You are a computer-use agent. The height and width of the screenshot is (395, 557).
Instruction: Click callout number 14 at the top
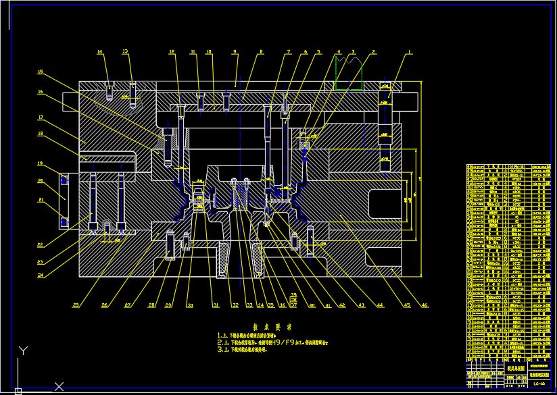tap(99, 52)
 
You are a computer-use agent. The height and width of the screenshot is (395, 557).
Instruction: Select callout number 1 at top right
tap(410, 52)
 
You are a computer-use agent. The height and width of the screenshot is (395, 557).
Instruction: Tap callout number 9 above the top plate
tap(235, 52)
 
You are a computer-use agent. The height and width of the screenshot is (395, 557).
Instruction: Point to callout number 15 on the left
tap(40, 72)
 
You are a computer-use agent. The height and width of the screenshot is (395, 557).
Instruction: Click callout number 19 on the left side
tap(40, 163)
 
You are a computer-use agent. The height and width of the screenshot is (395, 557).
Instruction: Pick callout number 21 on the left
tap(40, 200)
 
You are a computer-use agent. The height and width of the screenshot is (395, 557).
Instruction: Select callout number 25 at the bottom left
tap(76, 305)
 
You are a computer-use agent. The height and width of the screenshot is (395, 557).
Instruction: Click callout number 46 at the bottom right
tap(424, 305)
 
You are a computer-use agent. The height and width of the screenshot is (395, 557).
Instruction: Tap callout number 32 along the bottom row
tap(235, 305)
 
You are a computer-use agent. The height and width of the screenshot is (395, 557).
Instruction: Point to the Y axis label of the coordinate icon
tap(23, 350)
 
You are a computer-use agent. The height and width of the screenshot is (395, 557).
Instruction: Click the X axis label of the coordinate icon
tap(59, 386)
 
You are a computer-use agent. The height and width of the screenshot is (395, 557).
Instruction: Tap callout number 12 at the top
tap(172, 52)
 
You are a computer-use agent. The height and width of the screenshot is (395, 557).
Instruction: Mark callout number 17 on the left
tap(40, 118)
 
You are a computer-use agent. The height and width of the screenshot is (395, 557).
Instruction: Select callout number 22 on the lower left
tap(40, 244)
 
